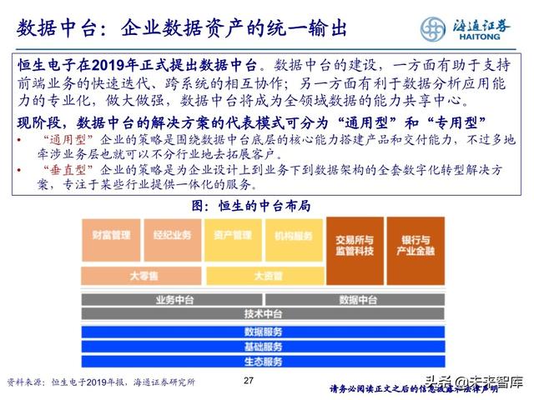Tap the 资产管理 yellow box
tap(233, 237)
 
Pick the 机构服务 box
tap(293, 237)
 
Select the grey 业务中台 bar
tap(172, 298)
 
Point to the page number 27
tap(247, 381)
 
